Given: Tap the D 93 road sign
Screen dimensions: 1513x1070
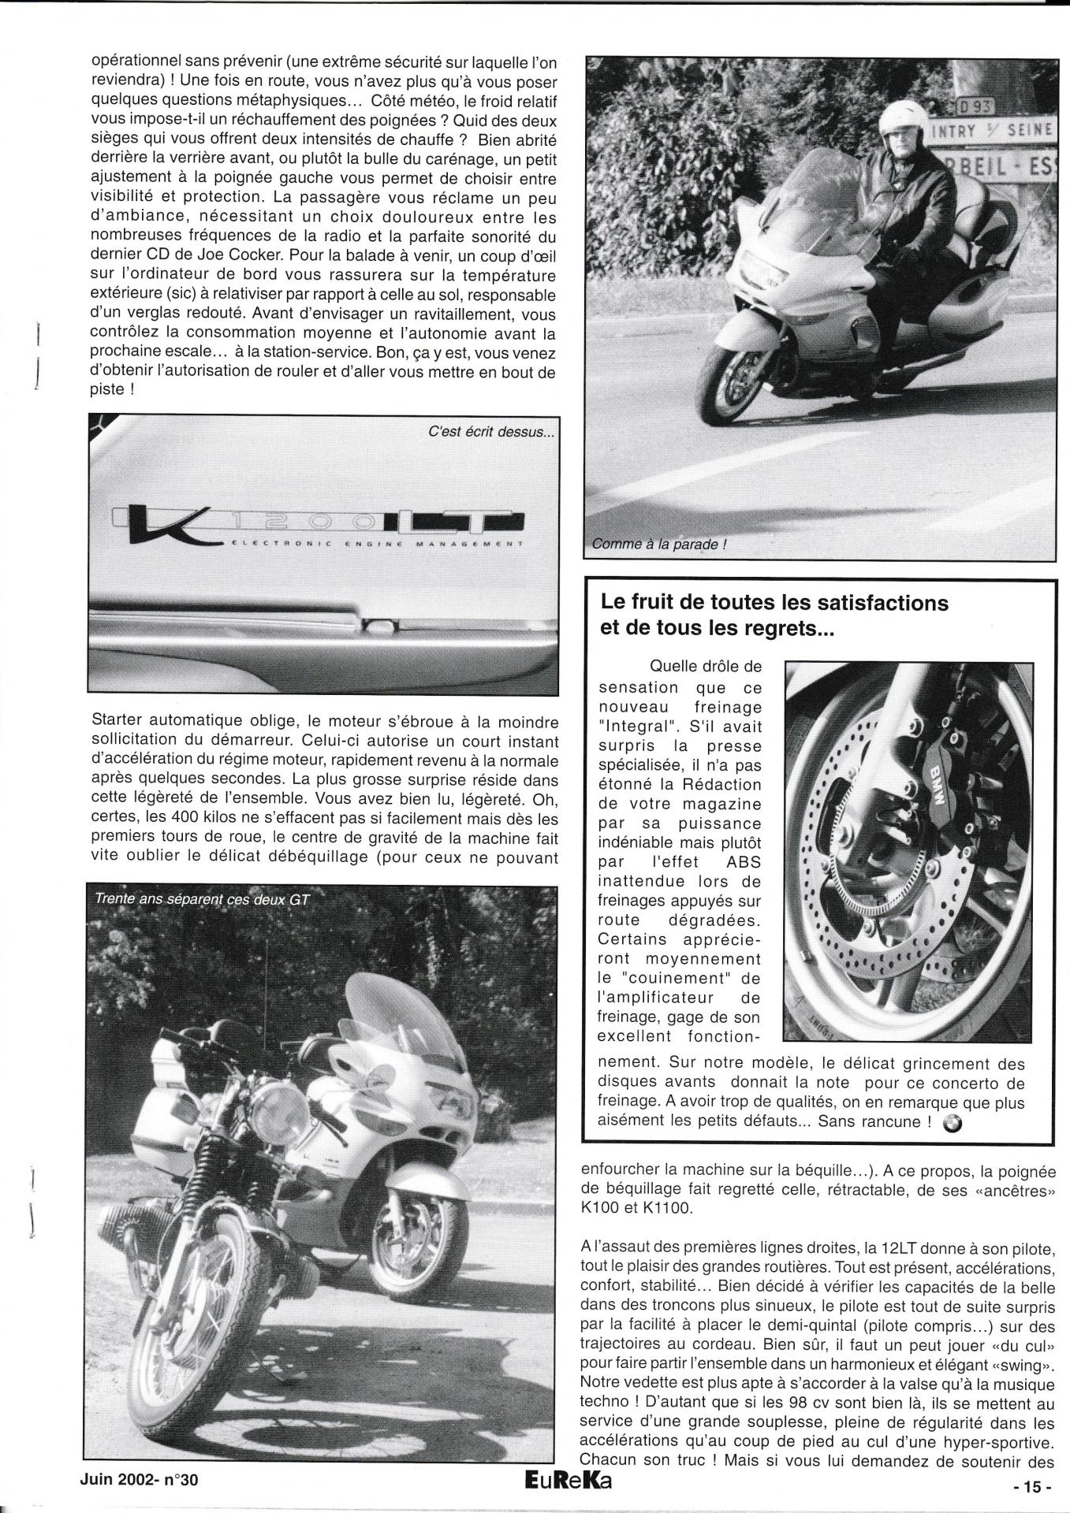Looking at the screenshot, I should click(977, 106).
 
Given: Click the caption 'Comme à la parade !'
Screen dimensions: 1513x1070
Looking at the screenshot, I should click(658, 544).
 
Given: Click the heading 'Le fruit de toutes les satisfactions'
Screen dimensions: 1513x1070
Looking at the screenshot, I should click(774, 604).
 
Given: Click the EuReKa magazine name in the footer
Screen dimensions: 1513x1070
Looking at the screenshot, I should click(561, 1481).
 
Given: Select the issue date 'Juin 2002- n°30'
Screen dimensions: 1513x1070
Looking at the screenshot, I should click(139, 1480).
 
